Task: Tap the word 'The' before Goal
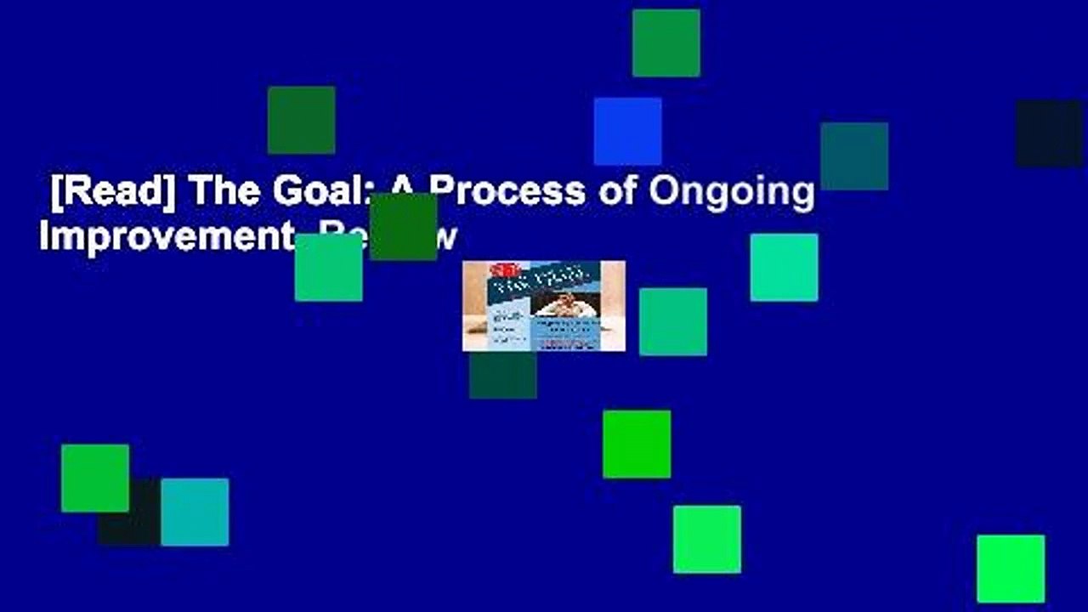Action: coord(225,193)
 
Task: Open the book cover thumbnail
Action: coord(543,306)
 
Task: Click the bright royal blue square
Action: coord(627,131)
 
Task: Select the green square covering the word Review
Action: coord(404,226)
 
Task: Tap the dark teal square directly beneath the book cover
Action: coord(502,375)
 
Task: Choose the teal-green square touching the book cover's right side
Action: coord(673,321)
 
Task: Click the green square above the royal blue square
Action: coord(666,42)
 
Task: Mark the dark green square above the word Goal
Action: coord(301,120)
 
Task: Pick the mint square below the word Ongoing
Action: coord(784,267)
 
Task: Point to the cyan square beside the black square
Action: coord(195,512)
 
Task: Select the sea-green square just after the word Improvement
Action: coord(328,267)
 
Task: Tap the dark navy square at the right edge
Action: coord(1050,133)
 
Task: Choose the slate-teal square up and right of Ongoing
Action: coord(854,156)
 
